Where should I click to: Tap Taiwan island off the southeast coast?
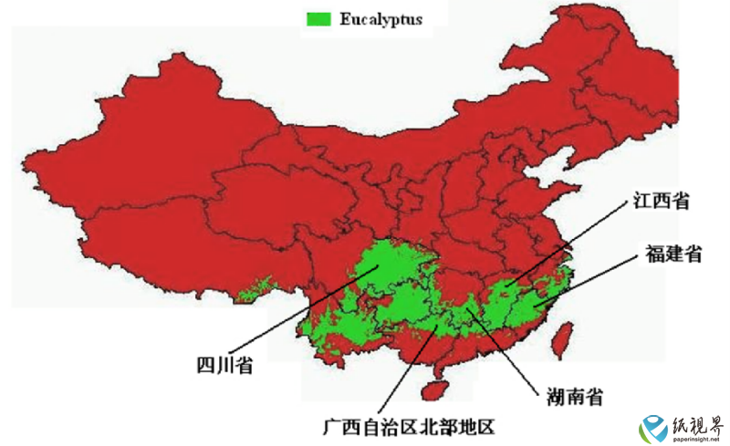point(564,339)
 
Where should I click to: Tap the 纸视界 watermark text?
point(699,424)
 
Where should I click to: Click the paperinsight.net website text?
point(698,440)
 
